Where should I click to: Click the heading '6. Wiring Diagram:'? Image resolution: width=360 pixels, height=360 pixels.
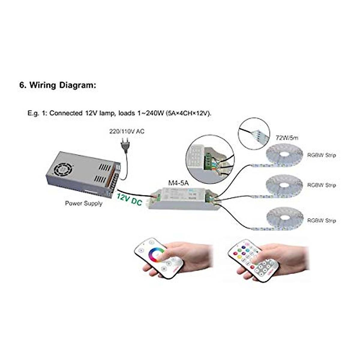point(58,85)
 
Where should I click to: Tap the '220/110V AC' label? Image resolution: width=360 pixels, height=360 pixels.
point(126,131)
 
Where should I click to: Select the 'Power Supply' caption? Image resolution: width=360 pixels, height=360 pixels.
point(84,203)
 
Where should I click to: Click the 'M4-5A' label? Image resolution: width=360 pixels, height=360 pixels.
point(178,183)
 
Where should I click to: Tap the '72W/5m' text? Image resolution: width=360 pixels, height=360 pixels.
point(287,138)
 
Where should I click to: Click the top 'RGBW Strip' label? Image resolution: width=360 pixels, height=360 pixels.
point(321,155)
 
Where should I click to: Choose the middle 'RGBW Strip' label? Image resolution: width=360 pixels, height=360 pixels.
point(321,185)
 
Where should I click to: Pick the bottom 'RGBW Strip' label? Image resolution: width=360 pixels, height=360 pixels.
point(321,220)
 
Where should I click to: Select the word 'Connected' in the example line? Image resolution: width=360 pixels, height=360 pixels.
point(66,113)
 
